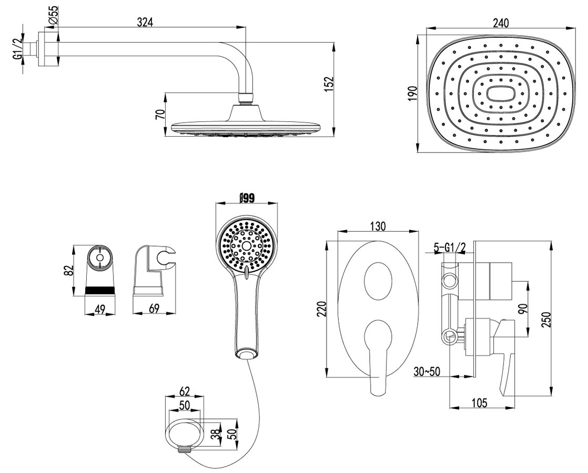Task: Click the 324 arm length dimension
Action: (x=145, y=22)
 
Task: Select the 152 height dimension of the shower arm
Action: (x=329, y=85)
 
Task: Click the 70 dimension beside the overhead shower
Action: (x=160, y=115)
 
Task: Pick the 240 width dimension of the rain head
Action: (x=501, y=23)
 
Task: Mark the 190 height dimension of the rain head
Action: (x=412, y=93)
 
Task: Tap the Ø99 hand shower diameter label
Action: (x=247, y=197)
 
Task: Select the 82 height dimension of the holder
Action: (x=68, y=271)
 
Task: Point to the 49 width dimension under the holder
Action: (x=99, y=309)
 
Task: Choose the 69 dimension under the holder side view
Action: (x=155, y=309)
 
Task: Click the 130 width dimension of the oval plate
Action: (x=378, y=226)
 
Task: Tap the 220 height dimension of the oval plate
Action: (x=322, y=309)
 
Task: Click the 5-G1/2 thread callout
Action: (x=450, y=247)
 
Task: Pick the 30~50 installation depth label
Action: (x=427, y=372)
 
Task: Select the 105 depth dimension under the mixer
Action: (x=479, y=403)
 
